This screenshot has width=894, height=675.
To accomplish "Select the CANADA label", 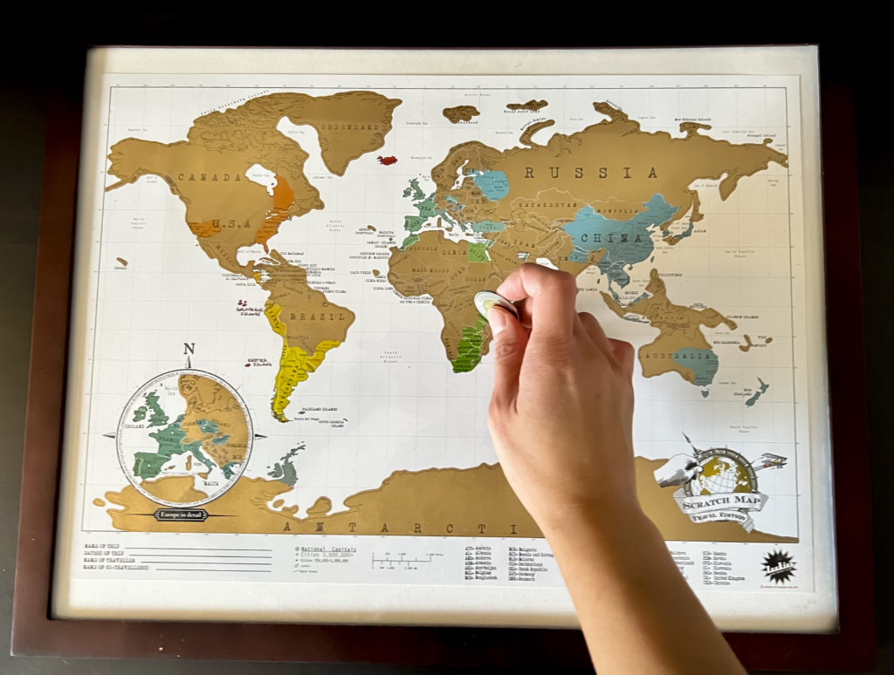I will click(210, 178).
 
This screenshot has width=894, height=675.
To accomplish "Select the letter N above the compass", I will click(189, 351).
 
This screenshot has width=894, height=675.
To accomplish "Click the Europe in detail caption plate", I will click(181, 515).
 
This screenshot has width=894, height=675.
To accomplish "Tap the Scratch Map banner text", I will click(720, 502).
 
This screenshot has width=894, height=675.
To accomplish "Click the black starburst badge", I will click(778, 566).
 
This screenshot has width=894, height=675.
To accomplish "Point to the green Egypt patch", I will click(478, 253).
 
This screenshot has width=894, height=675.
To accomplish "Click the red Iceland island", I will click(387, 160).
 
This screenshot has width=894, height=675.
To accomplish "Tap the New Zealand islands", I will click(755, 392).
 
